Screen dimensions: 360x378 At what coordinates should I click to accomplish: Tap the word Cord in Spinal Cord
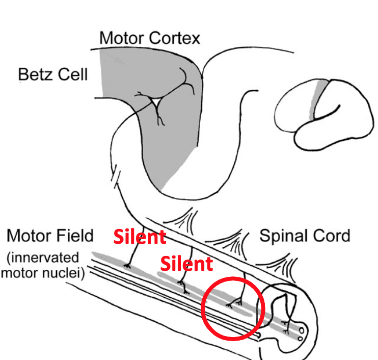point(331,236)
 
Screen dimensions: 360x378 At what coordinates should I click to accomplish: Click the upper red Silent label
point(139,237)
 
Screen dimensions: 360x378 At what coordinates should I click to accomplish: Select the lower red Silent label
point(186,264)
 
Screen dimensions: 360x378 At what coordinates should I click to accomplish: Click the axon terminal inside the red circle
point(236,303)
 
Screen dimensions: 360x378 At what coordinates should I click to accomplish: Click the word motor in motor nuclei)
point(20,272)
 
